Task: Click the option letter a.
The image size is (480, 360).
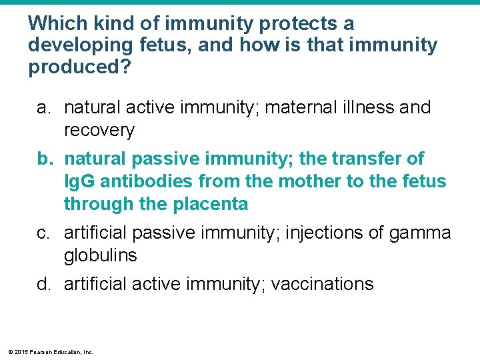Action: click(x=43, y=108)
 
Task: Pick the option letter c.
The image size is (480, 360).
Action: click(x=43, y=233)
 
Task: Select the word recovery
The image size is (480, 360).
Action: click(x=99, y=131)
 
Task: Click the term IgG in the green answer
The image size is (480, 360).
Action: click(x=79, y=182)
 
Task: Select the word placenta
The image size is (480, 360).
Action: click(x=211, y=205)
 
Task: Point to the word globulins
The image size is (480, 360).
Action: click(x=101, y=256)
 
